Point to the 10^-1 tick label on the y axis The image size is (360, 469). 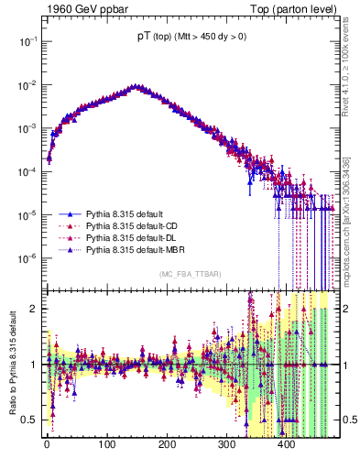point(27,42)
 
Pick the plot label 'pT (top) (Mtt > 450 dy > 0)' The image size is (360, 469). point(189,36)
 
